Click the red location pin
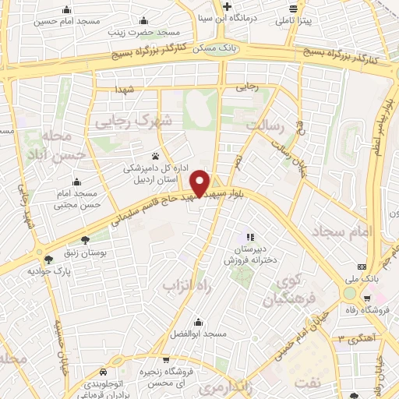tap(200, 184)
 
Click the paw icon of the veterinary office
tap(156, 155)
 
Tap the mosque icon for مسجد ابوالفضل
tap(198, 323)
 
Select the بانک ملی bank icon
tap(360, 266)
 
